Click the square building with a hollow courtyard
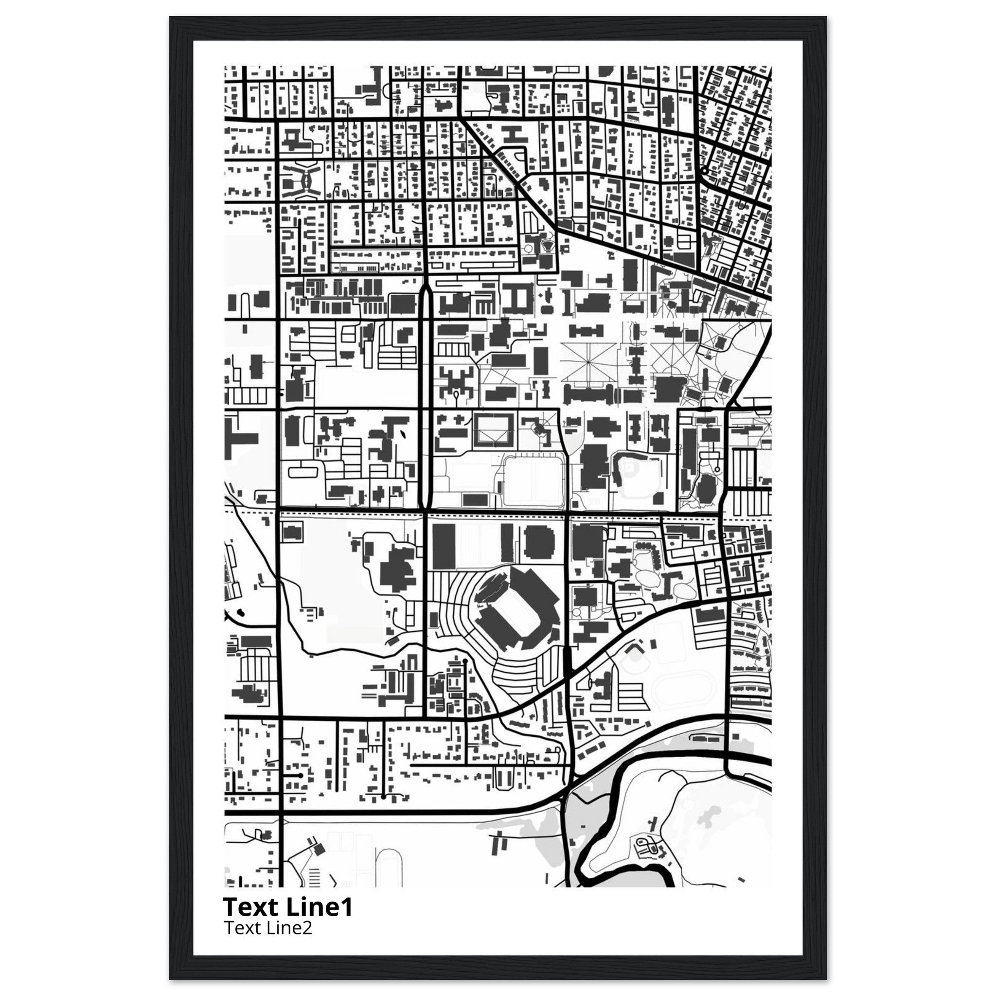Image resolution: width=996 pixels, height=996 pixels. coord(494,428)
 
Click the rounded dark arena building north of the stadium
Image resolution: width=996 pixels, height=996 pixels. coord(539,543)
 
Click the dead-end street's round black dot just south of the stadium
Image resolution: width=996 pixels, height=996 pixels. coord(465,660)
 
